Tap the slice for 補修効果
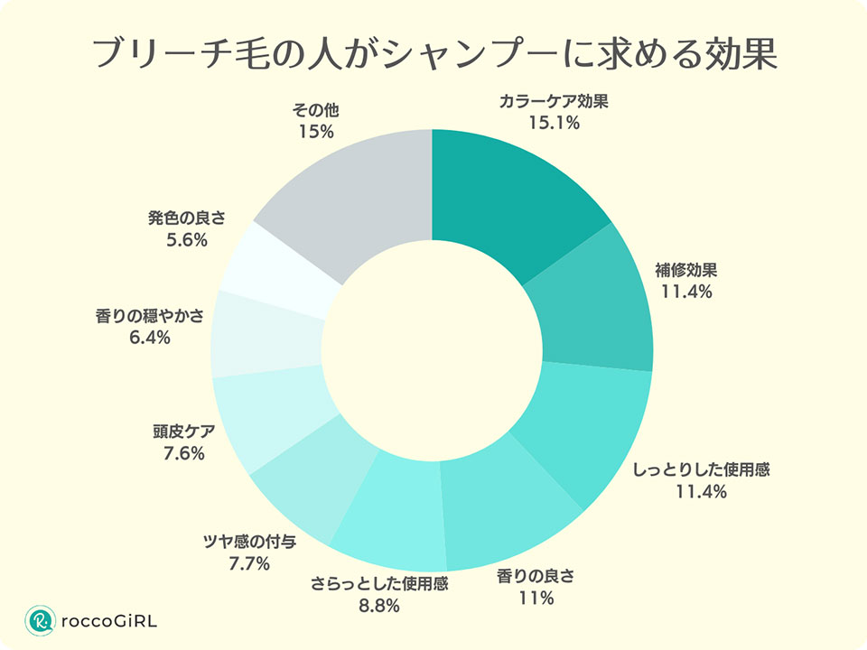click(592, 302)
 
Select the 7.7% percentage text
click(249, 564)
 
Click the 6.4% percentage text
click(150, 338)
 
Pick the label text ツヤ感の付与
click(249, 543)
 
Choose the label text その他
click(314, 110)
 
